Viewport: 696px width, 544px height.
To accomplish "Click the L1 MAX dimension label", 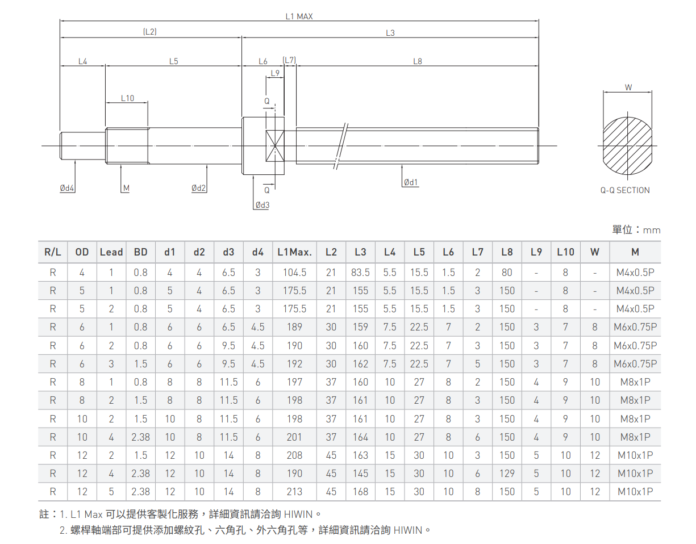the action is pyautogui.click(x=299, y=16).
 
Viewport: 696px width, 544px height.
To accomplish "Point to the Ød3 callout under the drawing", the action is pyautogui.click(x=262, y=205).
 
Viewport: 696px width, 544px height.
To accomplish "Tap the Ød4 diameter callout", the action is pyautogui.click(x=67, y=188).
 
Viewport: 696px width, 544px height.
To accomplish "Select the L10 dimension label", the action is pyautogui.click(x=127, y=98).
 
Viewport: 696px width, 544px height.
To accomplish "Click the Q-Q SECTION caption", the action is pyautogui.click(x=625, y=190).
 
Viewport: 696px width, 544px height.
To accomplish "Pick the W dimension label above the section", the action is pyautogui.click(x=628, y=87).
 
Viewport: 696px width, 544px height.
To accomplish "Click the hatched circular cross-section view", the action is pyautogui.click(x=627, y=146).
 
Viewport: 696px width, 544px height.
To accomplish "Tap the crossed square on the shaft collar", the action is pyautogui.click(x=275, y=145).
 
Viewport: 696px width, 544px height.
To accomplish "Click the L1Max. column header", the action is pyautogui.click(x=294, y=252).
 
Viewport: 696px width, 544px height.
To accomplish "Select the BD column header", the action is pyautogui.click(x=140, y=252).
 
